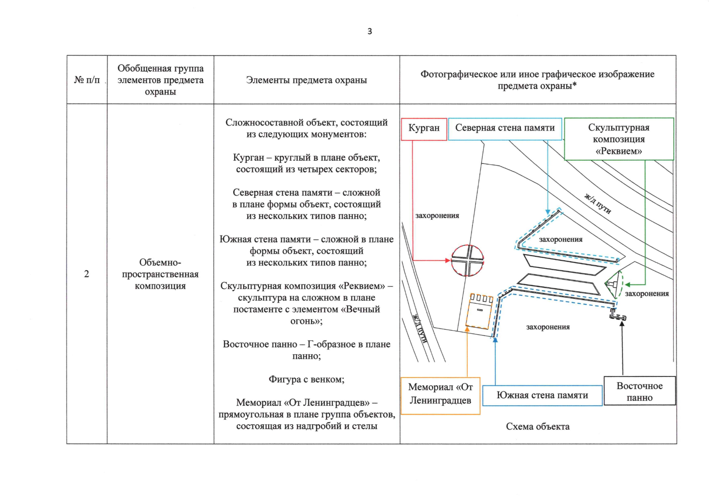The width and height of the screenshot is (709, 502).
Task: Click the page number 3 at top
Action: tap(370, 31)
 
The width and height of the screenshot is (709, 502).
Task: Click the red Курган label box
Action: tap(424, 128)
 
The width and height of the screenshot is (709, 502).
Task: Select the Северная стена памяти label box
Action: tap(505, 128)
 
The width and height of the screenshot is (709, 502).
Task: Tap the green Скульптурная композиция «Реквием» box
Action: tap(619, 139)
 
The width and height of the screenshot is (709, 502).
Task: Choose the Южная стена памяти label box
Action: tap(542, 395)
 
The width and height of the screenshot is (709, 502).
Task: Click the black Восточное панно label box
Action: tap(640, 392)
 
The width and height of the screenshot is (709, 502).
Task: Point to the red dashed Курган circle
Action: tap(467, 260)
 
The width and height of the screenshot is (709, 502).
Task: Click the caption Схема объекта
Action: tap(538, 427)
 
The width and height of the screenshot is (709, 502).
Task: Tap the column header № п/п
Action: tap(87, 80)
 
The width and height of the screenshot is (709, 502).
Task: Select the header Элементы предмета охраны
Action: tap(306, 80)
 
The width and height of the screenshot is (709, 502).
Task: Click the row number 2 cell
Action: tap(87, 274)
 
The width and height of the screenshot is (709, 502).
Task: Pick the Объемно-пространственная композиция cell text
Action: tap(160, 274)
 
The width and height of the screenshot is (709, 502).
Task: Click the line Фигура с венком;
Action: tap(306, 379)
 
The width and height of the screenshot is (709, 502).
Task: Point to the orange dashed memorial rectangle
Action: tap(480, 312)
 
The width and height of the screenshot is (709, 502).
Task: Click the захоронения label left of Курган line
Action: tap(437, 216)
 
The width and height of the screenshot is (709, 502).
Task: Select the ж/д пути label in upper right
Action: tap(597, 204)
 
